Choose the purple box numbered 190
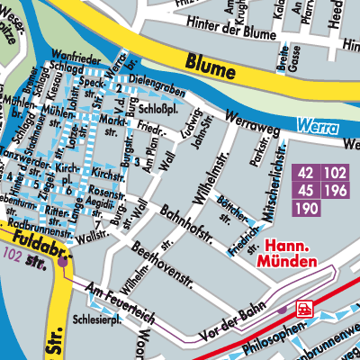pos(306,208)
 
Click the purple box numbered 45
pos(306,191)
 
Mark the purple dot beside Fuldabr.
pos(64,262)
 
